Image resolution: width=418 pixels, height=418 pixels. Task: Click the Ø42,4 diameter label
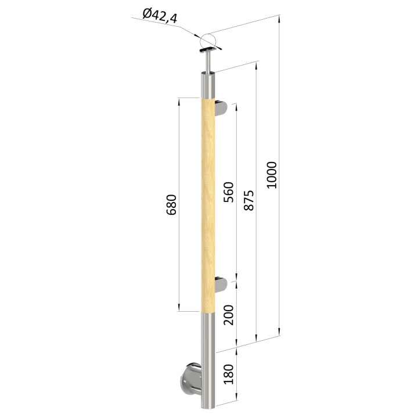coord(160,16)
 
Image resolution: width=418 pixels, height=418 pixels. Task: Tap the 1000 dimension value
coord(272,175)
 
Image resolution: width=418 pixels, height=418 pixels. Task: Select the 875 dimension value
coord(249,200)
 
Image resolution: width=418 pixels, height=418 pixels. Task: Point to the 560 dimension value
coord(229,192)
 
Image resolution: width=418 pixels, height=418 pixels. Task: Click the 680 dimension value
coord(171,205)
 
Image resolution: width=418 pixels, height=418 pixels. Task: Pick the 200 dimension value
coord(229,315)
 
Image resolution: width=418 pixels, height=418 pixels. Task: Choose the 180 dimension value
coord(229,374)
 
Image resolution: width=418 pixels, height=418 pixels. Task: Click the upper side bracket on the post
coord(221,108)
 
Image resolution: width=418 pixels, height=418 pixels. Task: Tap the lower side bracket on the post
coord(221,284)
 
